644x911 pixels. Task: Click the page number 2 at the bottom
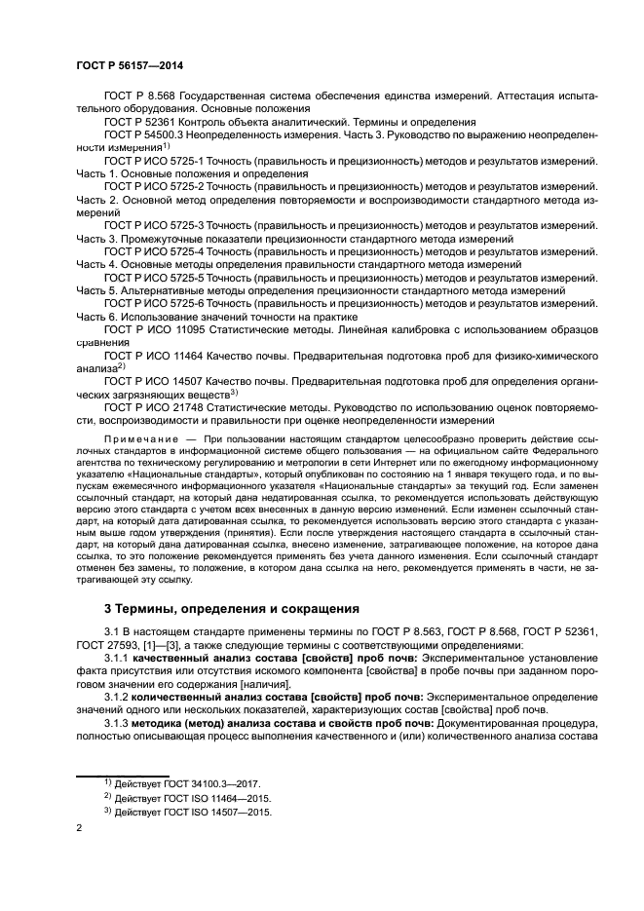click(x=80, y=828)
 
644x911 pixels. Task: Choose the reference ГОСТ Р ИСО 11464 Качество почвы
click(x=152, y=357)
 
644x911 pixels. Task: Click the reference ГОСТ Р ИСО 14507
click(x=152, y=383)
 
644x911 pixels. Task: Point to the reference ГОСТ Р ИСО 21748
click(x=152, y=407)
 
